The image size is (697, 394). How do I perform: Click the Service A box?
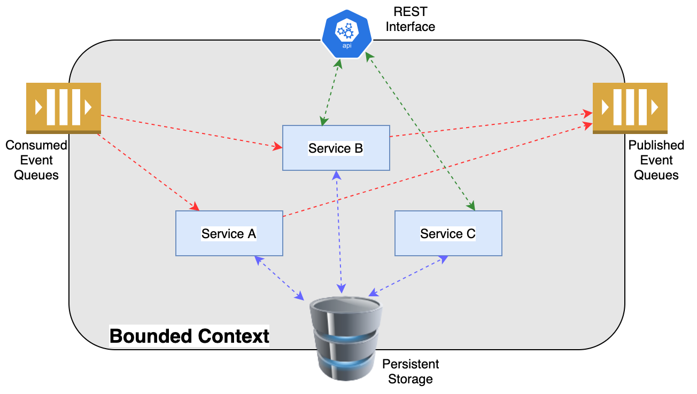tap(229, 233)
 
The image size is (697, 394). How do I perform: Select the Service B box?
tap(336, 148)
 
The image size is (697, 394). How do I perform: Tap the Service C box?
tap(448, 233)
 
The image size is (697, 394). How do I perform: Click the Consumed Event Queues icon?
tap(64, 107)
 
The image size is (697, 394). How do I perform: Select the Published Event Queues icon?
tap(630, 107)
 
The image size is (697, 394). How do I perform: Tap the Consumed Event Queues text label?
tap(36, 160)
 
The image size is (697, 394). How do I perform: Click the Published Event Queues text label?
tap(656, 160)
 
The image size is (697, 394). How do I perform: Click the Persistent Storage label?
tap(411, 372)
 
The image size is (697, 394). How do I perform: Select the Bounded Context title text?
tap(189, 336)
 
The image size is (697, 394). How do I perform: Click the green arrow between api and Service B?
tap(331, 91)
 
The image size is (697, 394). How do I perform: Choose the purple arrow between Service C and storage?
tap(407, 276)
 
